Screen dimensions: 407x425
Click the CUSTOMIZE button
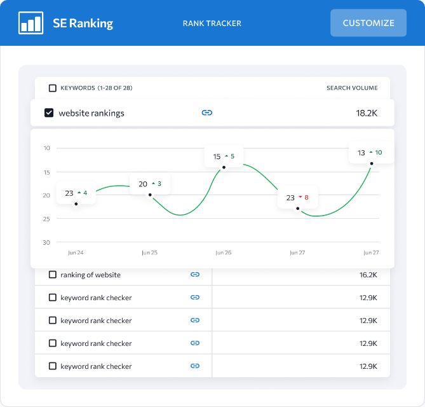tap(368, 23)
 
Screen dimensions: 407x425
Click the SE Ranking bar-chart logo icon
tap(31, 23)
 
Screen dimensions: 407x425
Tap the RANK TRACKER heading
tap(212, 24)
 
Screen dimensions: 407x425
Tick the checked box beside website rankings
tap(49, 113)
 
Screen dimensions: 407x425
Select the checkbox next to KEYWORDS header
tap(53, 88)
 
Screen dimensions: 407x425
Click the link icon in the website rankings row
tap(206, 113)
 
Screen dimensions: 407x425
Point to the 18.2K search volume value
tap(367, 113)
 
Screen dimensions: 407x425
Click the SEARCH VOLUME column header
tap(352, 88)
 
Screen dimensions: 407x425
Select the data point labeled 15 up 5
tap(224, 168)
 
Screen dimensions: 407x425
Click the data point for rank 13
tap(372, 164)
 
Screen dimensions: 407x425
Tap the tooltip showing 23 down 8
tap(297, 197)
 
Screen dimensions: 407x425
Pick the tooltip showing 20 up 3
tap(150, 184)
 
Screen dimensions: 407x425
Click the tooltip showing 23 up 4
tap(76, 193)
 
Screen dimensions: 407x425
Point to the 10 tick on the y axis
tap(46, 148)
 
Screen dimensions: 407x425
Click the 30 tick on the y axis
tap(46, 242)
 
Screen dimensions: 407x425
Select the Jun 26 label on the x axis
tap(224, 252)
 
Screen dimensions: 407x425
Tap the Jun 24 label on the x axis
tap(76, 252)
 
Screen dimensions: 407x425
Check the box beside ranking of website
tap(53, 275)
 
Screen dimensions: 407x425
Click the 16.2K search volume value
tap(368, 275)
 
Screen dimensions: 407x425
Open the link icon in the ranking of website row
tap(195, 275)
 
